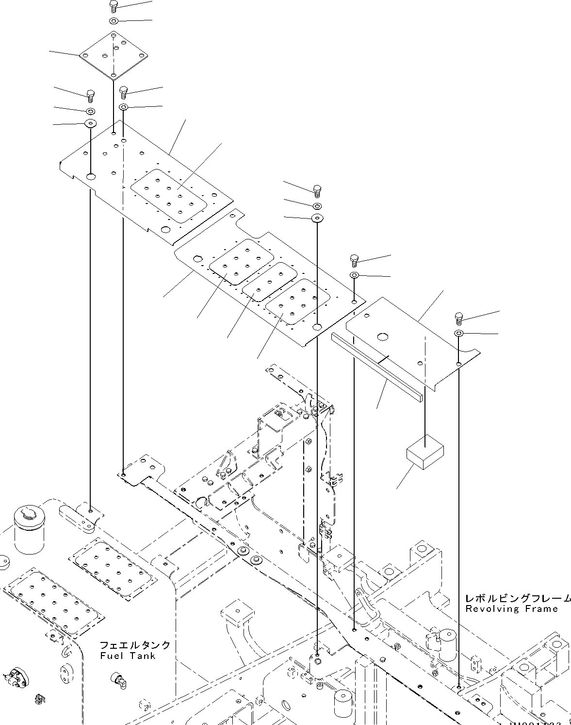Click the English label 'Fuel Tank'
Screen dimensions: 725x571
[128, 656]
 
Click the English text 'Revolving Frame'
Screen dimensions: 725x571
[511, 608]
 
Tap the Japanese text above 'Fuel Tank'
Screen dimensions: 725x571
[135, 645]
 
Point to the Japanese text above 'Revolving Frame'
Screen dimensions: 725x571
[517, 598]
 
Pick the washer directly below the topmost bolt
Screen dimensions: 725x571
[114, 21]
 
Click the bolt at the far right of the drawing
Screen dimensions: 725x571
[458, 319]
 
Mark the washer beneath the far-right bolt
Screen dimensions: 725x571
[458, 333]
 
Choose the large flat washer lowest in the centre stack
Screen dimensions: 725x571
[317, 218]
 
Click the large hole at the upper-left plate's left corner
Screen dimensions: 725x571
[91, 176]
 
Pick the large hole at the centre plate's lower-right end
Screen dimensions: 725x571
[317, 327]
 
